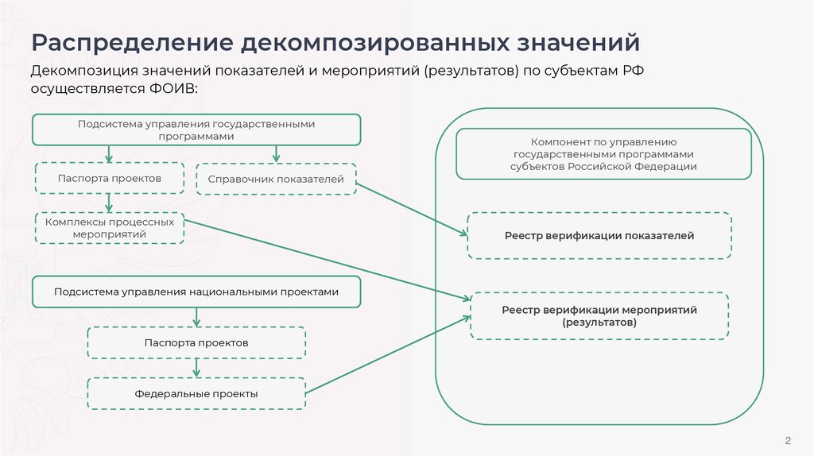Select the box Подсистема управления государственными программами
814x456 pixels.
pos(196,129)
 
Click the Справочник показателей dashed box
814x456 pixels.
pos(276,180)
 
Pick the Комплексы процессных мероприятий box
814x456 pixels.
pos(110,228)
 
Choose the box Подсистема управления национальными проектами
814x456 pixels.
pos(196,292)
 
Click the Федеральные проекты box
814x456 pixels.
pos(196,393)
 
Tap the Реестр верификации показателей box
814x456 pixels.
pos(599,236)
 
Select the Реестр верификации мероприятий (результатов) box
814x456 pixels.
pos(599,316)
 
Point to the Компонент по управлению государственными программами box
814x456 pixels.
pos(603,154)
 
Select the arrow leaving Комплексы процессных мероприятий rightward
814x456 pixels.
pos(326,259)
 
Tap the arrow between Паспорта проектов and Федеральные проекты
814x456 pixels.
pos(196,367)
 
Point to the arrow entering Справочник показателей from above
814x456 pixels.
pos(276,153)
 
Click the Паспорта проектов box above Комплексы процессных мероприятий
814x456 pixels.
pos(110,179)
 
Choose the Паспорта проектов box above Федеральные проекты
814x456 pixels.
pos(196,342)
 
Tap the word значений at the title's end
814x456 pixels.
pos(572,42)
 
